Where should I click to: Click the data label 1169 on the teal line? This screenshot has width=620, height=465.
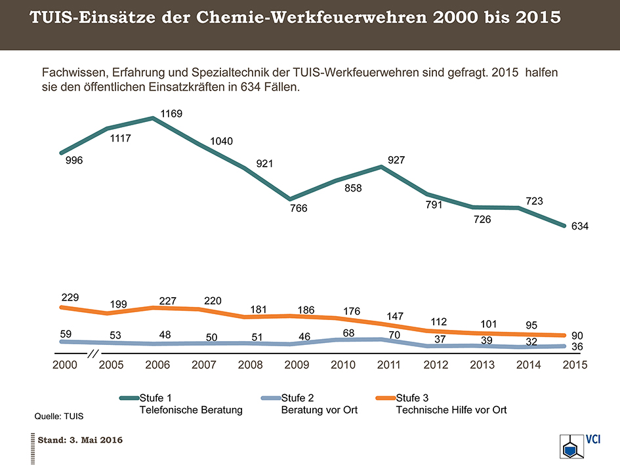click(x=171, y=114)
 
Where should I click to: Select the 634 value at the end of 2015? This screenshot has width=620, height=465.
click(x=579, y=226)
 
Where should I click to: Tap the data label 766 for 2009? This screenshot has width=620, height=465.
click(x=299, y=209)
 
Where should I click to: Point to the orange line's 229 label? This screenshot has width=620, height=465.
click(x=70, y=297)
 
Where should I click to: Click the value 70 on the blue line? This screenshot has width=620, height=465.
click(x=393, y=335)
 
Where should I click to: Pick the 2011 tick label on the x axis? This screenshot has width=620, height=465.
click(x=388, y=365)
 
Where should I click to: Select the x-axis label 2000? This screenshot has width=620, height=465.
click(x=64, y=365)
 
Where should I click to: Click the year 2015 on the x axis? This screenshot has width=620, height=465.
click(x=574, y=365)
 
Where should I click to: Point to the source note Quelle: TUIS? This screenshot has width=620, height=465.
click(x=58, y=416)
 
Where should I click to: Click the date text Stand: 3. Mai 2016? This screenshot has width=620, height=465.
click(x=80, y=439)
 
